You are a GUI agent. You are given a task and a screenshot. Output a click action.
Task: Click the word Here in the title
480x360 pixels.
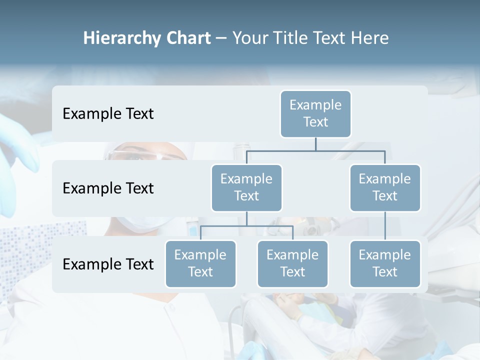click(370, 38)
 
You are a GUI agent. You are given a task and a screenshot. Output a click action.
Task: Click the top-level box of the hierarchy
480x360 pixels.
click(315, 113)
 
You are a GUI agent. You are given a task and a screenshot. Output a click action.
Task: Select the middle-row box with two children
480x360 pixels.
click(246, 187)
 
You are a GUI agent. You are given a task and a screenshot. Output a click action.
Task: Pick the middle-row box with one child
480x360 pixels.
click(385, 187)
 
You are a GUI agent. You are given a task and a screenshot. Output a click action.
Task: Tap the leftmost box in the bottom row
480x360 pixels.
click(200, 263)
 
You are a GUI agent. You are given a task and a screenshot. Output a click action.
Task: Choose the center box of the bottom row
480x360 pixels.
click(292, 263)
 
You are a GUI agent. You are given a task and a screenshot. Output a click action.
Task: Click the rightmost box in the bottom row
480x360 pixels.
click(385, 263)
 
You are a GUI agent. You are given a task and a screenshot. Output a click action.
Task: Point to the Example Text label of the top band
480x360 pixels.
click(108, 113)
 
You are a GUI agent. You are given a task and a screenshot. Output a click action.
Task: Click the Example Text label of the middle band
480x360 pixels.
click(108, 188)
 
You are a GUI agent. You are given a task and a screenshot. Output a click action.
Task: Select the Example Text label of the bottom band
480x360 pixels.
click(108, 264)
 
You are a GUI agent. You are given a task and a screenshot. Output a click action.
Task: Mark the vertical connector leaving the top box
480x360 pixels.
click(315, 143)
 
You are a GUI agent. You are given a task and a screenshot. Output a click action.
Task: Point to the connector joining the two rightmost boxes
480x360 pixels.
click(385, 226)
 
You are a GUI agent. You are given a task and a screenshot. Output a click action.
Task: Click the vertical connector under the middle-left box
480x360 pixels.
click(246, 218)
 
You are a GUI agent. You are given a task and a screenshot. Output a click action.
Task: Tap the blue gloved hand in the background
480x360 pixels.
click(17, 150)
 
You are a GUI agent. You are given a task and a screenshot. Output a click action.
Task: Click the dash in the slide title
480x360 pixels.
click(221, 38)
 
